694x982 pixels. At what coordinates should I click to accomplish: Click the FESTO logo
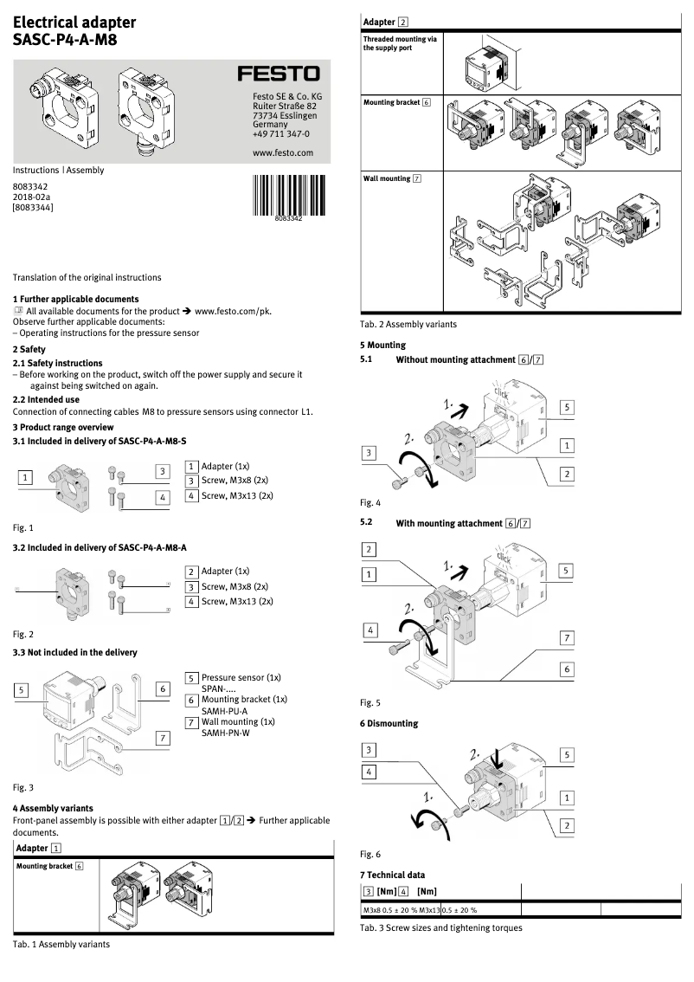(x=279, y=75)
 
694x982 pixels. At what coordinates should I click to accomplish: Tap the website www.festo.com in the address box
(x=281, y=152)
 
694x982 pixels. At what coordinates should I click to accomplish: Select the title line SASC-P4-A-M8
(x=65, y=39)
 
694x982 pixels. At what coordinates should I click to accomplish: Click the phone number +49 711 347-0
(x=280, y=134)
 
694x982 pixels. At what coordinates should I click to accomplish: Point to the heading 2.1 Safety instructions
(x=57, y=363)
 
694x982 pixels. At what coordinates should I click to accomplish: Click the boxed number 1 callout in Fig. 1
(x=27, y=477)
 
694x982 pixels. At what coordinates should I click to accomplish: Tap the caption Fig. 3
(x=23, y=788)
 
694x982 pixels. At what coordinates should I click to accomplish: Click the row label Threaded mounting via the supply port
(x=400, y=43)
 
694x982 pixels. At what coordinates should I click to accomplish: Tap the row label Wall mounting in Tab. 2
(x=392, y=178)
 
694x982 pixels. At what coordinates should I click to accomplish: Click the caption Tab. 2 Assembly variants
(x=408, y=325)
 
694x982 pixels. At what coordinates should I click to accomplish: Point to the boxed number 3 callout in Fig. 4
(x=369, y=453)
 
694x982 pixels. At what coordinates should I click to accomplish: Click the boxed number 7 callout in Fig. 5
(x=567, y=638)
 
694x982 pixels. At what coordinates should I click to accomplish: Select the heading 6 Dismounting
(x=389, y=723)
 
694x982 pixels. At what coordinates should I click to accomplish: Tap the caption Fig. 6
(x=369, y=854)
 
